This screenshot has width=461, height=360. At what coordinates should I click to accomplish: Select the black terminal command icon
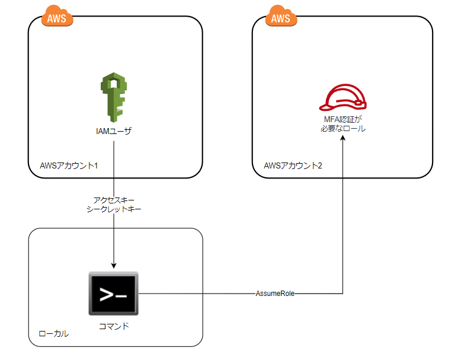click(113, 294)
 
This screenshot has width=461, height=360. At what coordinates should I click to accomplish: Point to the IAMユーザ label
click(113, 131)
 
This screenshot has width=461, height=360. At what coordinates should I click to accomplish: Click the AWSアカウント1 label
click(68, 165)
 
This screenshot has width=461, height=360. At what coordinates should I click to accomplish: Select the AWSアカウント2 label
click(293, 165)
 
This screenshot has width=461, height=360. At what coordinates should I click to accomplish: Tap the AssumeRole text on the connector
click(275, 293)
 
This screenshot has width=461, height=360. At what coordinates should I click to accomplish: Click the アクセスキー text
click(113, 200)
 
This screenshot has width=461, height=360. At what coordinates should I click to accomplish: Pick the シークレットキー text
click(113, 210)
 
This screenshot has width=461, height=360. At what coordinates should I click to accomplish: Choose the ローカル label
click(53, 334)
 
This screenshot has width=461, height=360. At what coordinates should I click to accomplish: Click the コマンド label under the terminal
click(113, 326)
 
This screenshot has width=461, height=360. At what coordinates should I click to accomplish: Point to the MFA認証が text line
click(342, 119)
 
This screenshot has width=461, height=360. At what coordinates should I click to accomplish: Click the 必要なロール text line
click(342, 128)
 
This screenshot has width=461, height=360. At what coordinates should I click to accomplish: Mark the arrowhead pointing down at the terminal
click(113, 266)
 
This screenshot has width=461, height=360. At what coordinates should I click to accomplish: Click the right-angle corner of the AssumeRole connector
click(342, 293)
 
